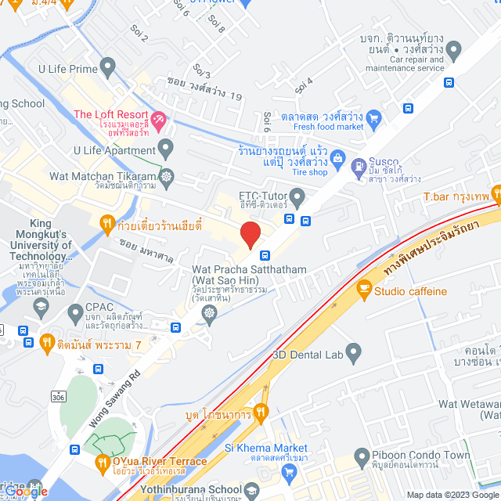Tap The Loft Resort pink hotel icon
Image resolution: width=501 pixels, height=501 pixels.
[x=159, y=120]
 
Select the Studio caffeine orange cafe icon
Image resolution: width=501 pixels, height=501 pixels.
[x=363, y=290]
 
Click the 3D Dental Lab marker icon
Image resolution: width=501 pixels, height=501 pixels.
[x=353, y=351]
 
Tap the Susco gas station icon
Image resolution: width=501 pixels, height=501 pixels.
[x=359, y=166]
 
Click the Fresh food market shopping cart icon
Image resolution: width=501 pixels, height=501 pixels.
[x=373, y=119]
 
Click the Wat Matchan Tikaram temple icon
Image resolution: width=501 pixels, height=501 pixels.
[x=167, y=177]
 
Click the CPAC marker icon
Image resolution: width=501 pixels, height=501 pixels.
[x=75, y=313]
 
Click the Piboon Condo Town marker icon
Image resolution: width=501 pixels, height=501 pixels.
[x=362, y=456]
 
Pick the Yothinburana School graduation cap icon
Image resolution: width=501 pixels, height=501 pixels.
[x=251, y=491]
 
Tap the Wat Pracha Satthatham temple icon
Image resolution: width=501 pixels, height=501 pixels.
[x=209, y=313]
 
